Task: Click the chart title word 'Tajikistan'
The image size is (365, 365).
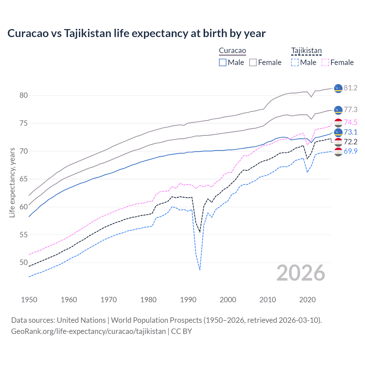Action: [x=88, y=33]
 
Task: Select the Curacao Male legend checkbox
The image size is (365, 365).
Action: [x=223, y=62]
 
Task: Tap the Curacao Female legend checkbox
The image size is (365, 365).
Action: [x=253, y=62]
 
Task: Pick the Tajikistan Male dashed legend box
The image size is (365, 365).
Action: [x=295, y=62]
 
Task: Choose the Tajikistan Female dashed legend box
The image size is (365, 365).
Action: [x=325, y=62]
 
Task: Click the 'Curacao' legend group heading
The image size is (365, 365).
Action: [x=232, y=51]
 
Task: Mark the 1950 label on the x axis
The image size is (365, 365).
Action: [x=29, y=300]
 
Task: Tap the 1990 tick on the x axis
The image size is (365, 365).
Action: [x=188, y=300]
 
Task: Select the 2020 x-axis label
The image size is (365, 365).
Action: [x=307, y=300]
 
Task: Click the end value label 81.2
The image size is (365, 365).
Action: [x=350, y=88]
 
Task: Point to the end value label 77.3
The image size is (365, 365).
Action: [x=350, y=110]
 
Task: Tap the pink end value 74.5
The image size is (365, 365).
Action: [x=350, y=123]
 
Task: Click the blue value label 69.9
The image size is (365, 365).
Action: [x=350, y=151]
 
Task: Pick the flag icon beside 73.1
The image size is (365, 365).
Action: [x=338, y=132]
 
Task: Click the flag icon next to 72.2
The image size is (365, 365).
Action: [x=338, y=142]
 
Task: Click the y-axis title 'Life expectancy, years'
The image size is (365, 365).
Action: [x=12, y=182]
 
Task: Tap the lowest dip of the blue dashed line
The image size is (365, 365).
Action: [x=200, y=270]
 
